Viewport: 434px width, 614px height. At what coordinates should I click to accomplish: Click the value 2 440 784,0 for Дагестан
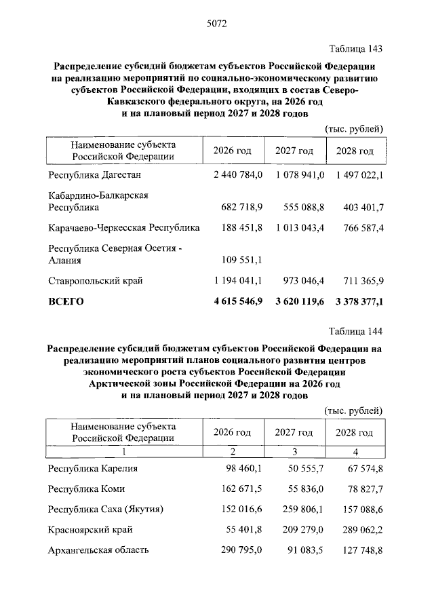(237, 175)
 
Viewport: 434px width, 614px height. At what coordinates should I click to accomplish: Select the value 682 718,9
(242, 206)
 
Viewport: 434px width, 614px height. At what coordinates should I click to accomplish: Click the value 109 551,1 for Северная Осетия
(242, 259)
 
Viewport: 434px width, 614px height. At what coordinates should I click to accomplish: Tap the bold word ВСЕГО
(66, 302)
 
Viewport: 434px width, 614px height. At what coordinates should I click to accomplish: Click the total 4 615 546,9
(237, 302)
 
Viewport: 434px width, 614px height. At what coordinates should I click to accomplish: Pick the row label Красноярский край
(90, 529)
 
